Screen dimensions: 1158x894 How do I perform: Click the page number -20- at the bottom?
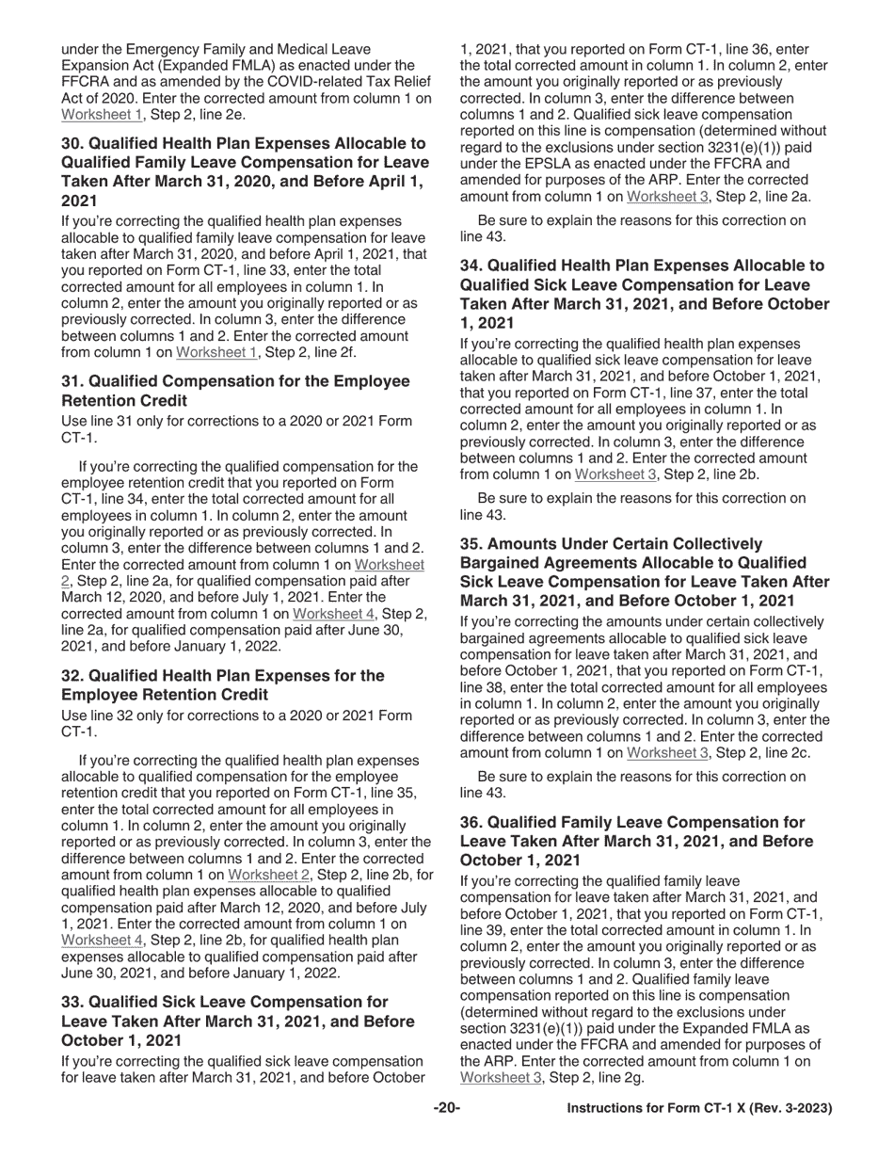click(446, 1108)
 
